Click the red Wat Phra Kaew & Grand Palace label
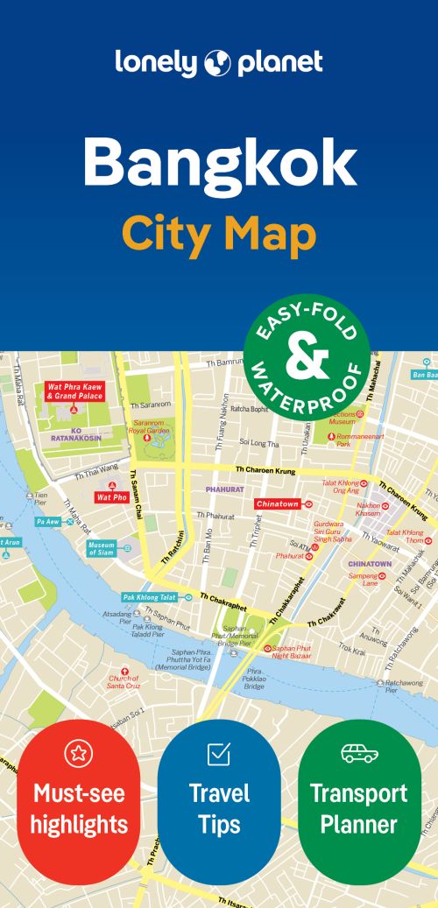[x=74, y=391]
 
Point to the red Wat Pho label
[x=112, y=496]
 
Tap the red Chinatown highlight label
[x=278, y=504]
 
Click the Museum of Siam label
[x=101, y=549]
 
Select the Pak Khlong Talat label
[x=150, y=597]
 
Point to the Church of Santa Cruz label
[x=124, y=680]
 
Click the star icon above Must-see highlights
[x=79, y=752]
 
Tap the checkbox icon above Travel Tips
[x=218, y=752]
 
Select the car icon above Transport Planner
[x=358, y=752]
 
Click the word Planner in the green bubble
[x=358, y=824]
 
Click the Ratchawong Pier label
[x=404, y=686]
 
